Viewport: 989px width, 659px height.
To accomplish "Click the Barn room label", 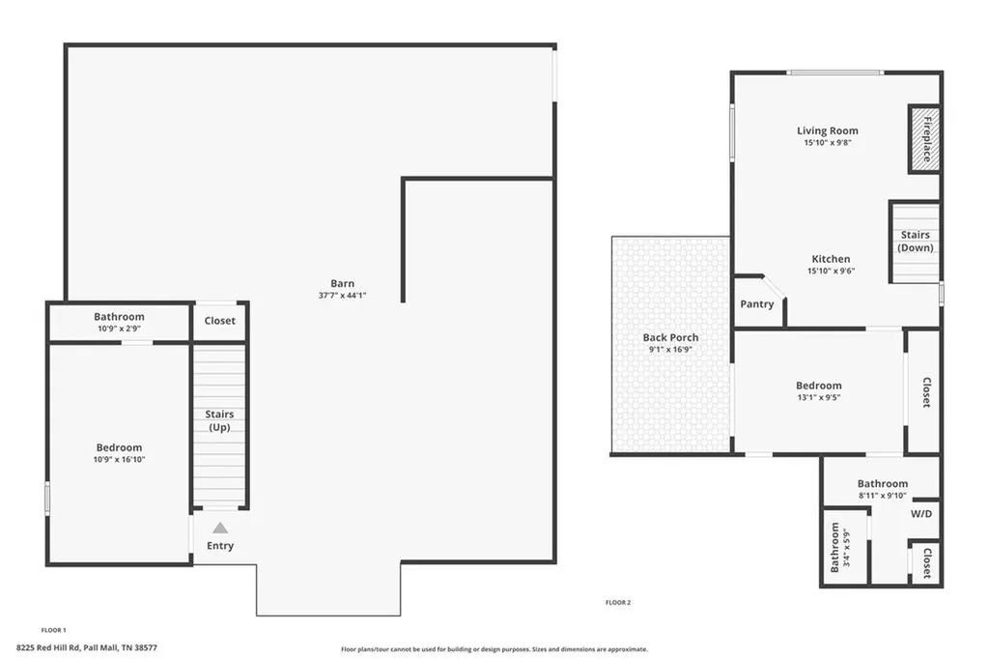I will tap(342, 283).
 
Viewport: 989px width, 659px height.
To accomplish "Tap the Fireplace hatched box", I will tap(924, 138).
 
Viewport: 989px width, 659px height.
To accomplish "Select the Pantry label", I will tap(757, 304).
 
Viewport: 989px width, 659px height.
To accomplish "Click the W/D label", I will tap(921, 513).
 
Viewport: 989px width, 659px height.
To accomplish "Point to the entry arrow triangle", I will tap(220, 528).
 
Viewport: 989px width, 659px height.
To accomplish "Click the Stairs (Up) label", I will tap(219, 420).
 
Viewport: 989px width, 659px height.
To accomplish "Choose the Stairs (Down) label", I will tap(915, 241).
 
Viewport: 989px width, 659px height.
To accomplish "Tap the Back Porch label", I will tap(670, 337).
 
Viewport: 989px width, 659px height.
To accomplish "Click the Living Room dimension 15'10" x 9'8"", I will tap(827, 143).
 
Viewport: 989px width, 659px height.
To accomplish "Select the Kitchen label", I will tap(831, 259).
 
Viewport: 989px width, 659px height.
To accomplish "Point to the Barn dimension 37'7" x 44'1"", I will tap(342, 295).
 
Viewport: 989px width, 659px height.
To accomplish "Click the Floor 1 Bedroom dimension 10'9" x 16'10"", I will tap(120, 459).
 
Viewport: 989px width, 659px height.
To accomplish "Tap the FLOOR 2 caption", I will tap(617, 602).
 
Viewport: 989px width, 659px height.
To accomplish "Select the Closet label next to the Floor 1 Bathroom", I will tap(219, 321).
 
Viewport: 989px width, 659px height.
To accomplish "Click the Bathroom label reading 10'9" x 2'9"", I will tap(119, 329).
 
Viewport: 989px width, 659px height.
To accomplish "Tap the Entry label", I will tap(220, 546).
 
